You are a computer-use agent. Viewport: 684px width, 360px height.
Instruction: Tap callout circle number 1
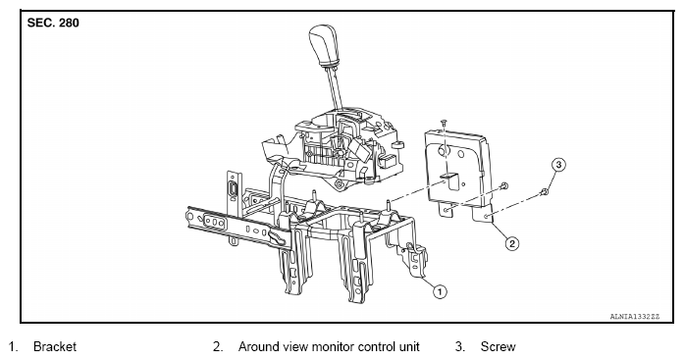[440, 291]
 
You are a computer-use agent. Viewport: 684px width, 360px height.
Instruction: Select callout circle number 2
[511, 243]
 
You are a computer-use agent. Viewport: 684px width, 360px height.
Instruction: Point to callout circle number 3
[558, 165]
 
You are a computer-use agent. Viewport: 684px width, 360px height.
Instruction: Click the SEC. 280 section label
[53, 23]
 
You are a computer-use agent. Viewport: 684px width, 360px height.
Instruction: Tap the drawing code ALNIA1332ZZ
[635, 317]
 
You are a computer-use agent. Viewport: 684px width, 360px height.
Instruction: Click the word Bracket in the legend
[55, 347]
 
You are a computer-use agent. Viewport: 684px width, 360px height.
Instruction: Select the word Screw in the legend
[498, 347]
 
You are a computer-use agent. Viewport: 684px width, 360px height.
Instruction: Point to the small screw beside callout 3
[544, 191]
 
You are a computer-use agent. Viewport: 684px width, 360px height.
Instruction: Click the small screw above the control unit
[444, 123]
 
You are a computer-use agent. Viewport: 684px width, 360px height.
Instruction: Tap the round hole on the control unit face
[443, 152]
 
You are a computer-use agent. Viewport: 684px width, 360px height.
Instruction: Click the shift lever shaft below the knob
[335, 86]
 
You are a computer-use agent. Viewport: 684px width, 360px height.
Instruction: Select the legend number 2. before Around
[218, 347]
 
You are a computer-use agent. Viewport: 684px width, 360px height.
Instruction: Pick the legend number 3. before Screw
[460, 347]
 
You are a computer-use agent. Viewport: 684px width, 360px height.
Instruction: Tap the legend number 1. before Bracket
[13, 347]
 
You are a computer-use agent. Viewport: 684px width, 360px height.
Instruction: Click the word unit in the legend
[409, 347]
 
